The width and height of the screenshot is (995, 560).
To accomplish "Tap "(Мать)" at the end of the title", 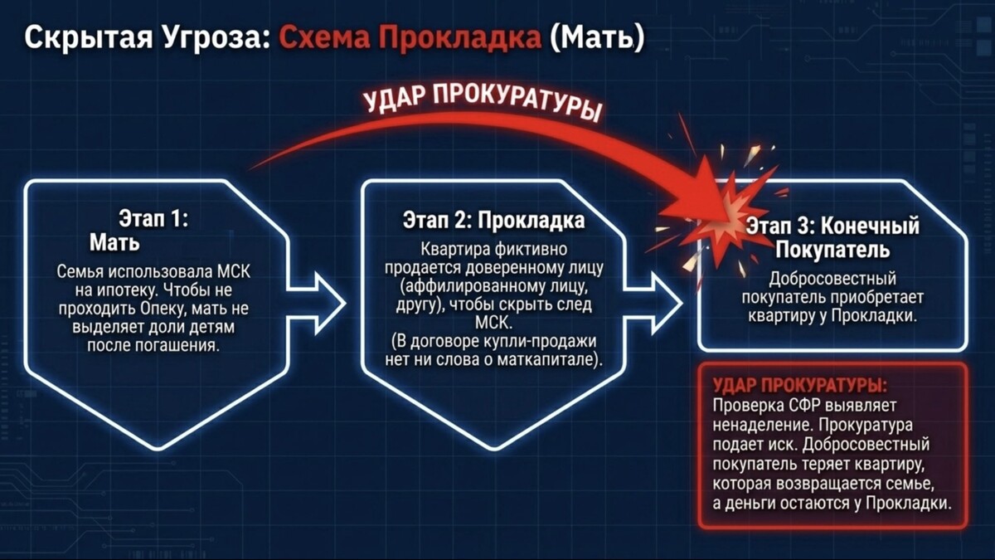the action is click(x=596, y=37).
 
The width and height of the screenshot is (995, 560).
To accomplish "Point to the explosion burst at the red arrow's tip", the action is click(x=729, y=213).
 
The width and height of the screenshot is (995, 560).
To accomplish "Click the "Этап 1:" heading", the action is click(x=153, y=219).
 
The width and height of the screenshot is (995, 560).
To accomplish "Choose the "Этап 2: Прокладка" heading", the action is click(x=493, y=220).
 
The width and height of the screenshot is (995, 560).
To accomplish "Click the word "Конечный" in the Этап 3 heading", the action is click(x=870, y=226).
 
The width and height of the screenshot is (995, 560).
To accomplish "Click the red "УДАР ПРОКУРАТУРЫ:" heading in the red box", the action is click(x=799, y=385).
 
